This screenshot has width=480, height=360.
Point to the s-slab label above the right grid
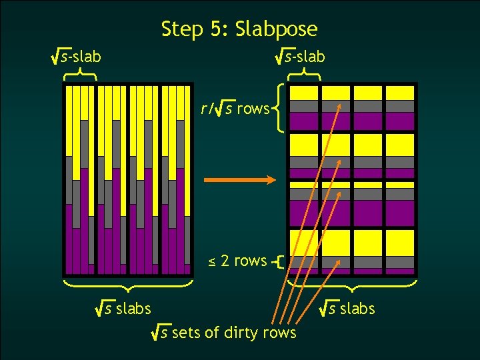click(301, 57)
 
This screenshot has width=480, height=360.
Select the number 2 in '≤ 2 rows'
click(225, 261)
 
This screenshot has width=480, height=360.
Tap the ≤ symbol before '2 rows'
click(211, 261)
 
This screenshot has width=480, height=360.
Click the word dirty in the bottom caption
click(247, 331)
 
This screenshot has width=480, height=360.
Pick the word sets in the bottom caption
click(186, 331)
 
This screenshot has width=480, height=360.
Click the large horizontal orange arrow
click(239, 180)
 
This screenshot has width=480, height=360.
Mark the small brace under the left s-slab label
click(80, 75)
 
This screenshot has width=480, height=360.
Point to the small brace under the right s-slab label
click(303, 75)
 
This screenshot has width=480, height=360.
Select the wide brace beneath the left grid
click(128, 285)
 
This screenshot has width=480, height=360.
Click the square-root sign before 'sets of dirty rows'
click(158, 331)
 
